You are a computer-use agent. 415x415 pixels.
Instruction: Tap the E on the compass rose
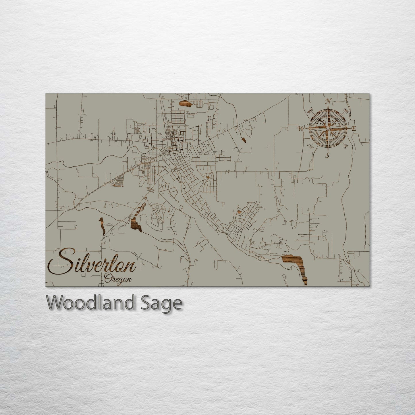click(354, 129)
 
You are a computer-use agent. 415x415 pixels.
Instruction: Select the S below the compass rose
click(327, 156)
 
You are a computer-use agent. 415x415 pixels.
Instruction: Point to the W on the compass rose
click(301, 128)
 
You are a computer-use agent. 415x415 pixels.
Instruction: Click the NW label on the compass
click(310, 111)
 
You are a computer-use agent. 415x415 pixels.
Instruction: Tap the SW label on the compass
click(310, 145)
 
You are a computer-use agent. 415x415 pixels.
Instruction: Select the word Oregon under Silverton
click(118, 279)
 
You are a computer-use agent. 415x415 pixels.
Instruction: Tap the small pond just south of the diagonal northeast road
click(244, 140)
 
